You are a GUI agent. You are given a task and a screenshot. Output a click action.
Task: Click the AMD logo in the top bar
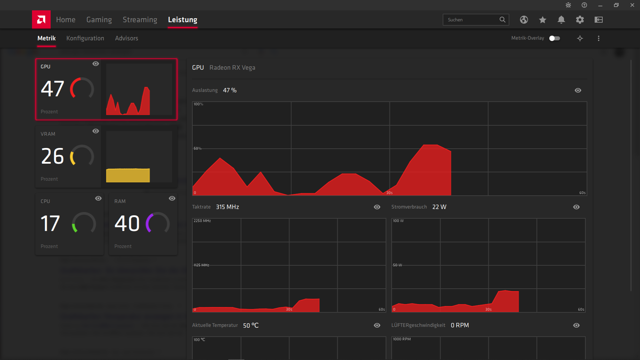(x=41, y=20)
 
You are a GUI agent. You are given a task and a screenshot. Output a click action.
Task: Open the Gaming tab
(x=99, y=20)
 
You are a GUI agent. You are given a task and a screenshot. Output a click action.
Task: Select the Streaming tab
(x=140, y=20)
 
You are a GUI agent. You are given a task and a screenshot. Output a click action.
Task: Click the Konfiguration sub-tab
(x=85, y=38)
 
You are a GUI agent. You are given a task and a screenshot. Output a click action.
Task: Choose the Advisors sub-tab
(x=126, y=38)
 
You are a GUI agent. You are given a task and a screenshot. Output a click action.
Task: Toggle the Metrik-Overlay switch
(x=555, y=38)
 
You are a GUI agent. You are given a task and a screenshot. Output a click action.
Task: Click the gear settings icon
(x=580, y=20)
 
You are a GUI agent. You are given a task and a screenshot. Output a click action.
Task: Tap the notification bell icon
(x=561, y=20)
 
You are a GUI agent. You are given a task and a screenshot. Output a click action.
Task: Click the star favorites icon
(x=543, y=20)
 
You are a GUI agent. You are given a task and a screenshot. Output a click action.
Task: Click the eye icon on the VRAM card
(x=96, y=131)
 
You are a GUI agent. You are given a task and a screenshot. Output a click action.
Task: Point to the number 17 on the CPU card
(x=50, y=223)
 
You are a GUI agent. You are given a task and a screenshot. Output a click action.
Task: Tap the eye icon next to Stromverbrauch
(x=576, y=207)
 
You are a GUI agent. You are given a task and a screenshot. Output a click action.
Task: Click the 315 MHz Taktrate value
(x=227, y=207)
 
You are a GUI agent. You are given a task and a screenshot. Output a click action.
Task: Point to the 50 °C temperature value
(x=251, y=325)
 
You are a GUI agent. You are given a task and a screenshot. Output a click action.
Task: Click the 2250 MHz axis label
(x=202, y=221)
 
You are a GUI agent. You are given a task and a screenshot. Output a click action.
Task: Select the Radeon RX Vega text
(x=232, y=68)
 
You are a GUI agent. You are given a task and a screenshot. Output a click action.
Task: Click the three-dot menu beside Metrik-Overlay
(x=599, y=38)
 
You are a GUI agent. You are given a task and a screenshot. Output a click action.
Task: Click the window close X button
(x=632, y=5)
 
